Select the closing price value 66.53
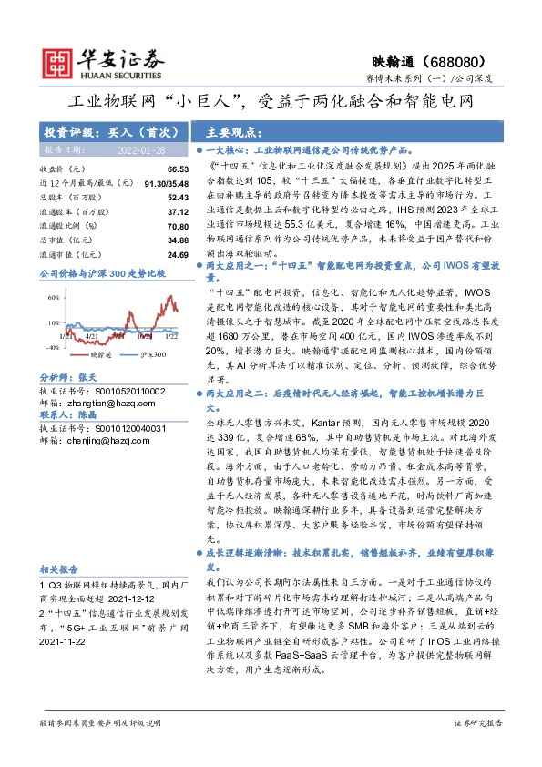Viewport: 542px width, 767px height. coord(178,169)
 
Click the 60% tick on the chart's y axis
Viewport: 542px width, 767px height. coord(52,297)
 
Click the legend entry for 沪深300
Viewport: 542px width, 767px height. coord(151,353)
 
